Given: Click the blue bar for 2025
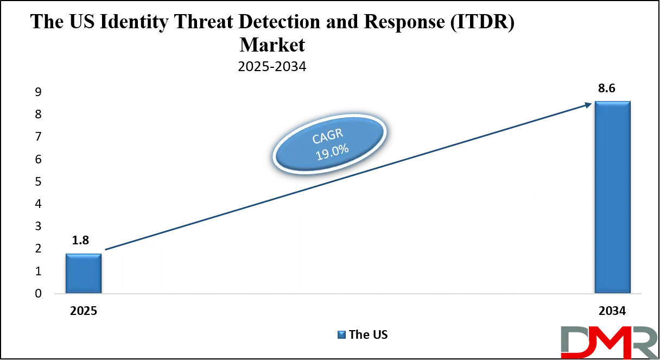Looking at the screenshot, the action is [84, 273].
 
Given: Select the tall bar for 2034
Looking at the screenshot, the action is [613, 197].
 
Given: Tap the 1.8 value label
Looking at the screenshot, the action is [80, 241].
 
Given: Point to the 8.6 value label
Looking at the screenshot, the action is [607, 88].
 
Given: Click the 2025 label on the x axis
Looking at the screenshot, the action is [84, 311].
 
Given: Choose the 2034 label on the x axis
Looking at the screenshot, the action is [612, 311].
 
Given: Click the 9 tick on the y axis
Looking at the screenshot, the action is [39, 92].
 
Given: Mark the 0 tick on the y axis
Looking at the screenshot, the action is [39, 294].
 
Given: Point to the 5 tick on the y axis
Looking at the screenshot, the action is [39, 181].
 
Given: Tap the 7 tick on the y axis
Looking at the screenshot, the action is [39, 137].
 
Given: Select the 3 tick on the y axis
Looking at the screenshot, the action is [39, 226].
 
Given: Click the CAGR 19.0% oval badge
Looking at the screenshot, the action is [329, 144].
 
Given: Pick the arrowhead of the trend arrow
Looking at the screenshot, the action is [588, 105].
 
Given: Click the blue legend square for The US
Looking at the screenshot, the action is [341, 334].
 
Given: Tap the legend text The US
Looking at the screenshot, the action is [369, 334].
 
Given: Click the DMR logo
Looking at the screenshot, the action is [609, 342].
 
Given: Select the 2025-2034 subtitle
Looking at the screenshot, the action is [272, 67].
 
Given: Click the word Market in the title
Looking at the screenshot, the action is [272, 45].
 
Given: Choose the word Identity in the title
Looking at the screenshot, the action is [134, 22].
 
